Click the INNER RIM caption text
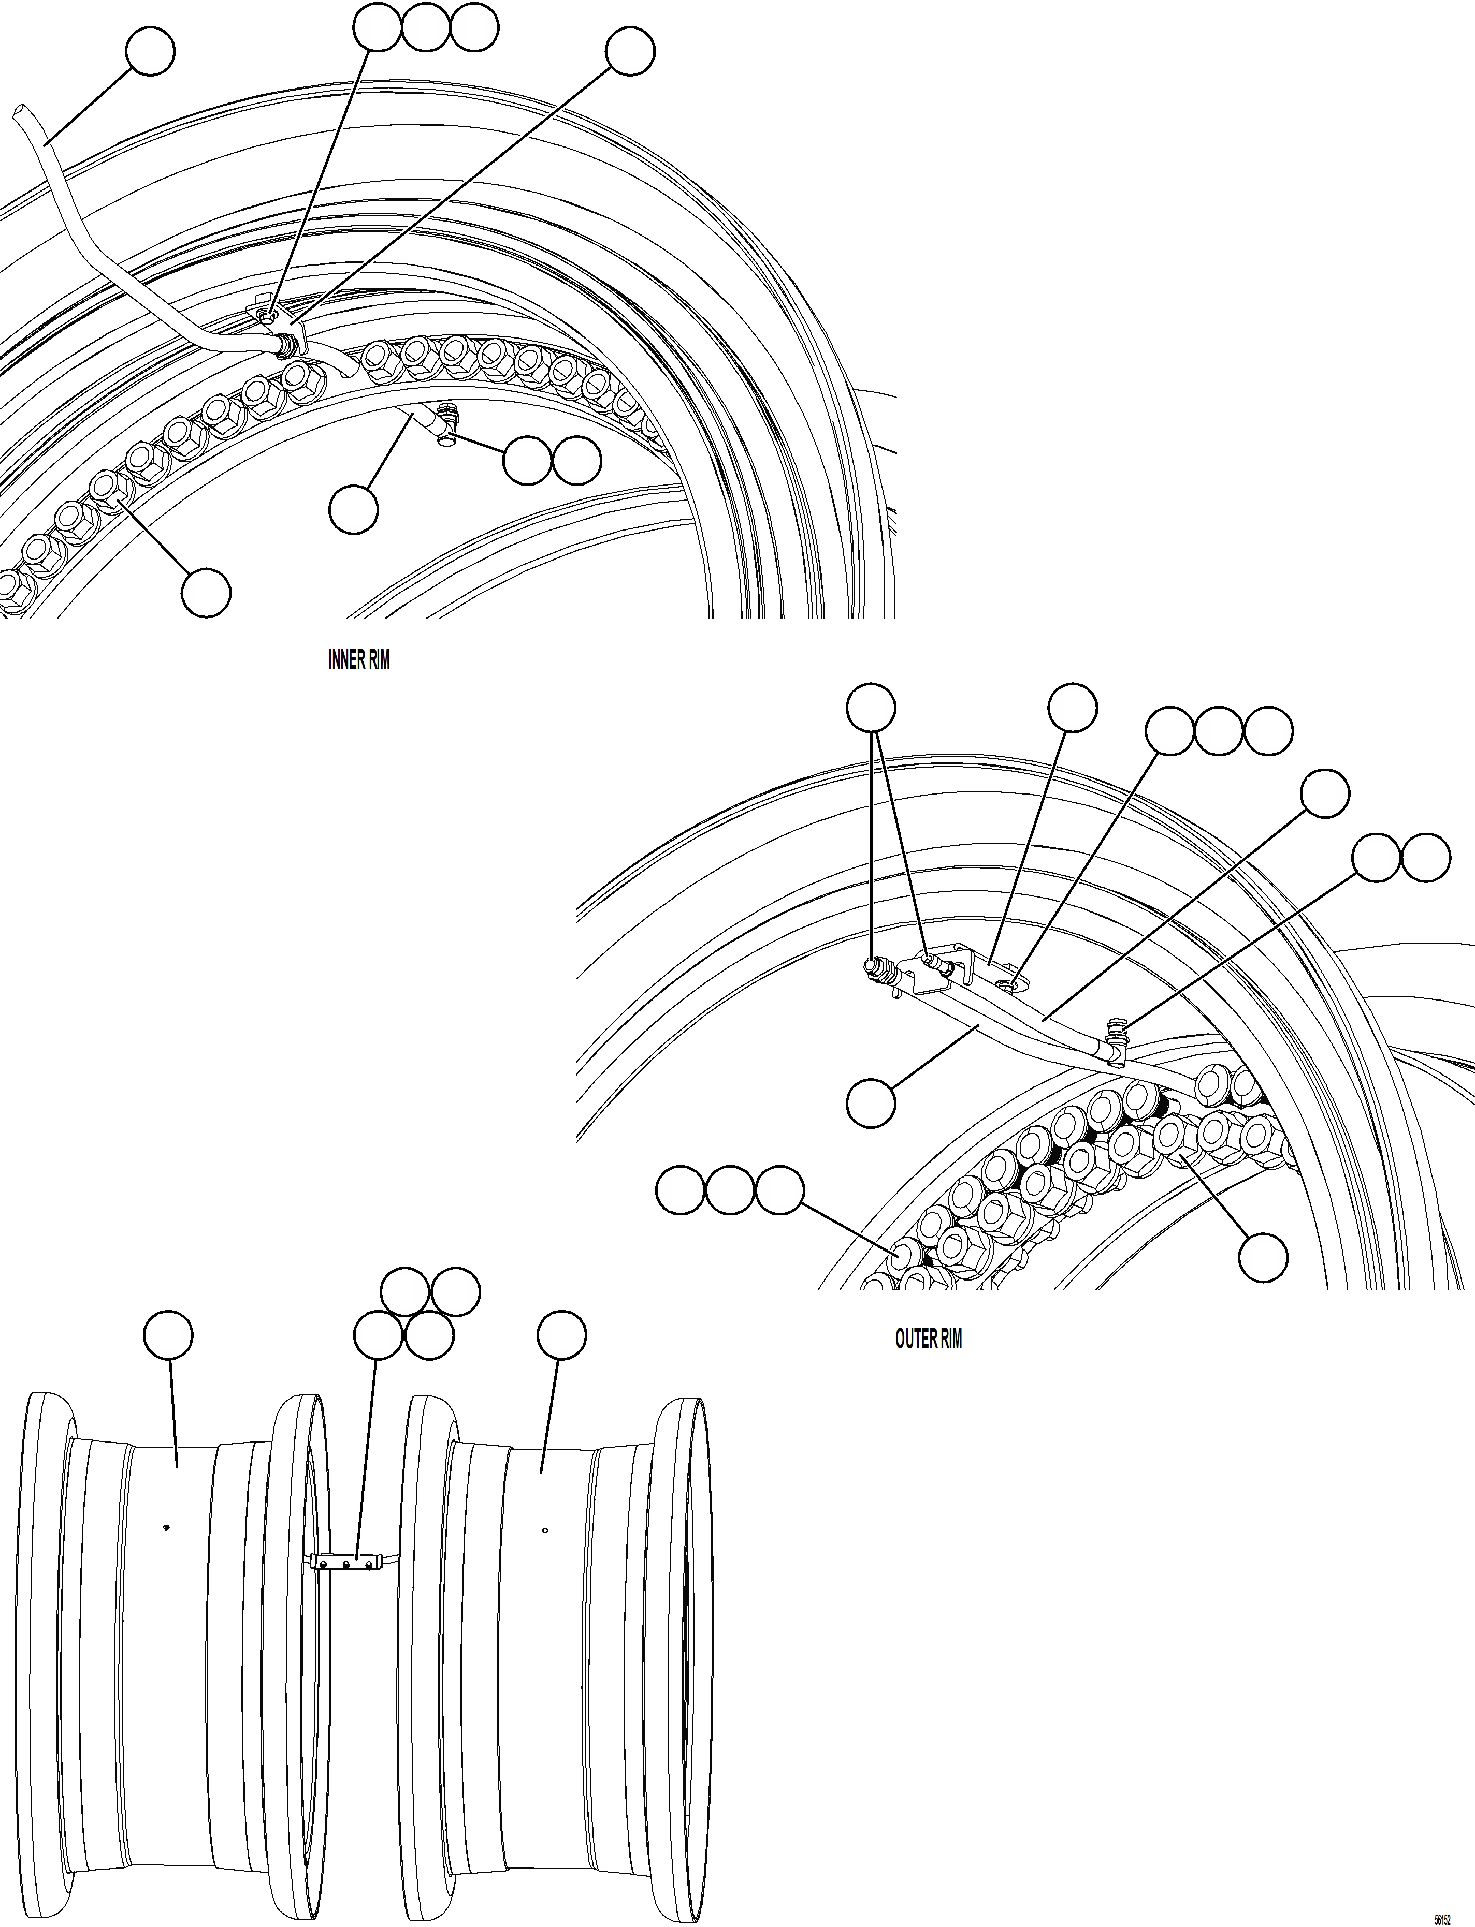(358, 660)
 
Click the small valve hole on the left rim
(167, 1528)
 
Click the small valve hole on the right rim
(545, 1531)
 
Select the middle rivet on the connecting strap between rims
(348, 1564)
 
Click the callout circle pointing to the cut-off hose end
(150, 53)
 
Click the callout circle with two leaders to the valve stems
(871, 707)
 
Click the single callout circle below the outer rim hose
(871, 1102)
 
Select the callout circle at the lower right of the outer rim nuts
(1263, 1257)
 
